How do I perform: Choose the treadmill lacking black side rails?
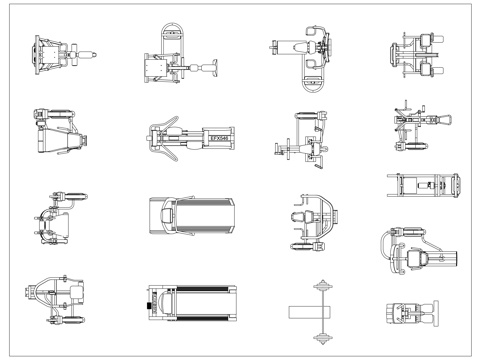194,216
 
